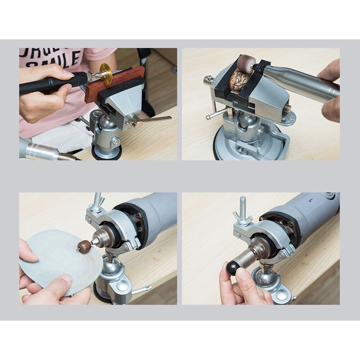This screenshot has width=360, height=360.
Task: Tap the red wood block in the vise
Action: [115, 84]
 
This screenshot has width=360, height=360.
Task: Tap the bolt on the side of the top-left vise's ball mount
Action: [116, 141]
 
